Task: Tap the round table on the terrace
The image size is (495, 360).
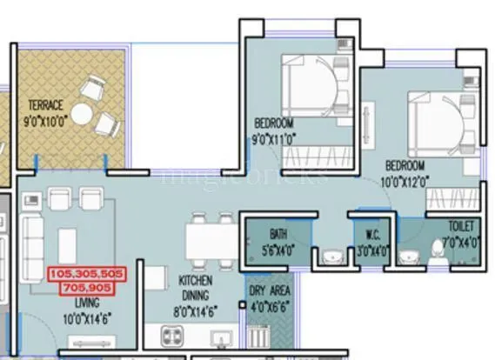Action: [x=82, y=114]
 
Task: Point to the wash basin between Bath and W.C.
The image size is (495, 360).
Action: [x=331, y=257]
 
